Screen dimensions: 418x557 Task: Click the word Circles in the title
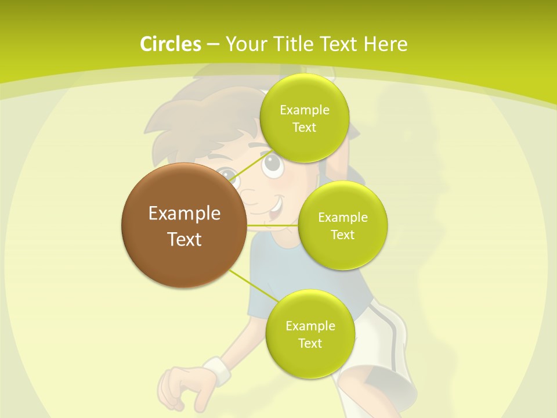170,44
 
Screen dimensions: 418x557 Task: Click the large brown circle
184,225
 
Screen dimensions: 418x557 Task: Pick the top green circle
304,119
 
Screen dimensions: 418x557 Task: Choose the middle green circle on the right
342,226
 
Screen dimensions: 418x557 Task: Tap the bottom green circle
310,334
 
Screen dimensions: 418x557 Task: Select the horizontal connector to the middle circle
272,225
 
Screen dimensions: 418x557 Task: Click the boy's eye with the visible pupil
273,167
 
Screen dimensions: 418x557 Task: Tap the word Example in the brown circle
184,214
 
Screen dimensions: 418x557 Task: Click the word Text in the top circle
304,127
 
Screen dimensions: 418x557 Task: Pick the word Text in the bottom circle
310,343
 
